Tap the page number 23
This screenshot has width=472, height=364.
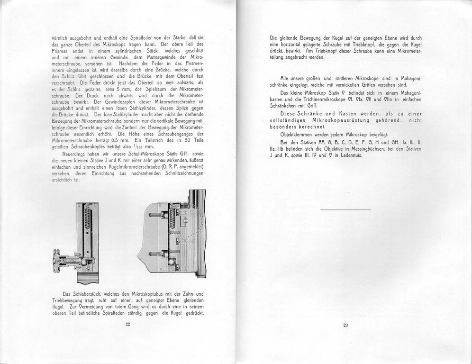345,325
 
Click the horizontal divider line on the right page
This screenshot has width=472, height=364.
345,209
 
